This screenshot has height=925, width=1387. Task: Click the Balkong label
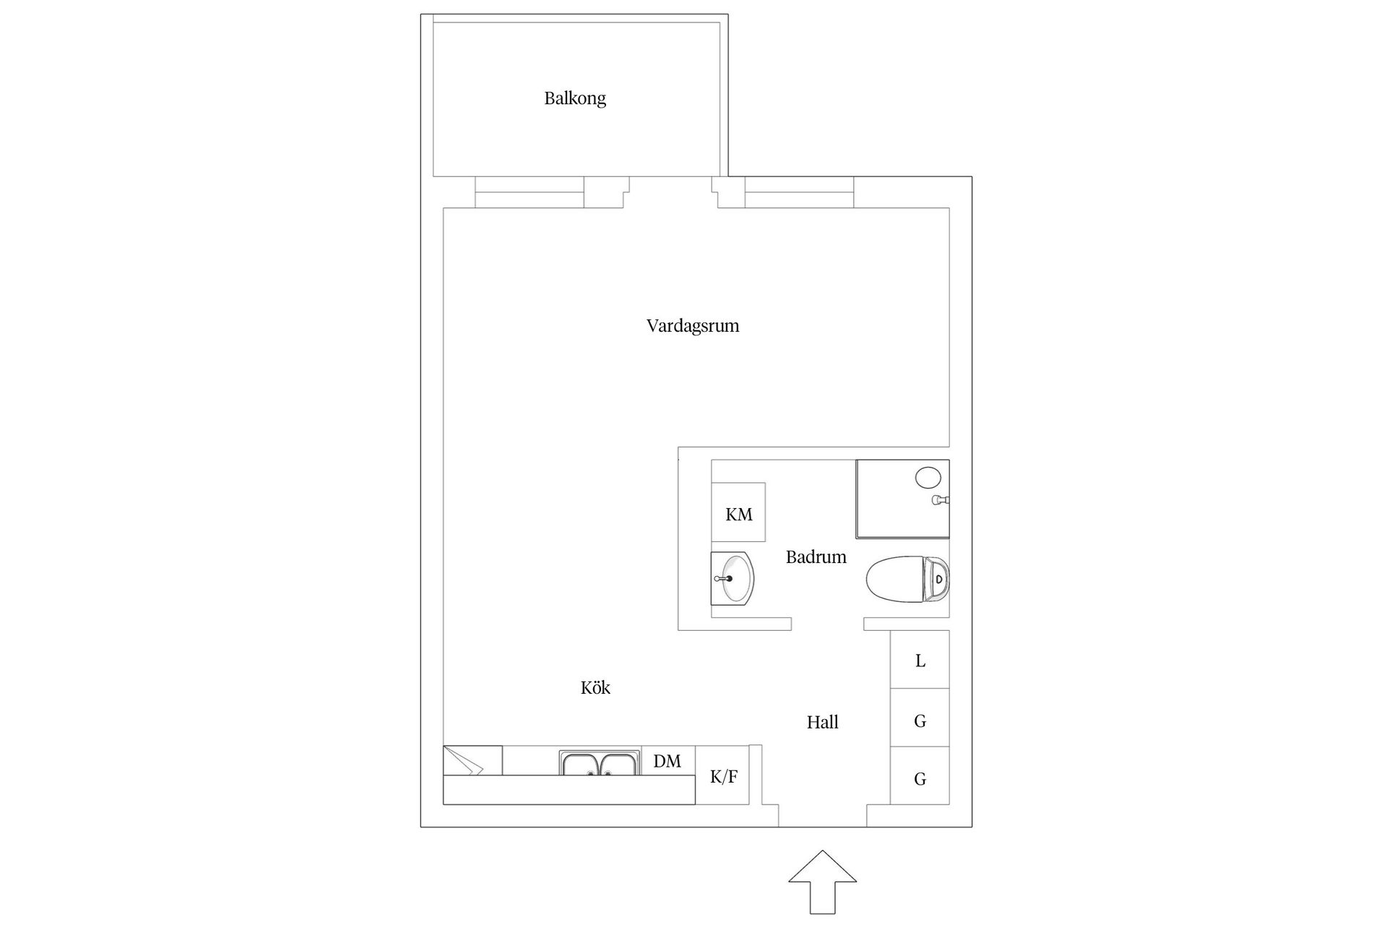(x=575, y=98)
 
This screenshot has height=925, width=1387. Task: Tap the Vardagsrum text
(x=693, y=326)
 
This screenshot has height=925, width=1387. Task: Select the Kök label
(x=595, y=687)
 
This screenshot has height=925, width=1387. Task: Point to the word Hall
(x=822, y=722)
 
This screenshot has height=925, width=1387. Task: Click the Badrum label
(x=816, y=557)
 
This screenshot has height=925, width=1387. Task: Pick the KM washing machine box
(x=738, y=512)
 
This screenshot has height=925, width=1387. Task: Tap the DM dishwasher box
(x=668, y=761)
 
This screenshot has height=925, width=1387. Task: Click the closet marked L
(x=920, y=659)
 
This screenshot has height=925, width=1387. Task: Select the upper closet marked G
(x=920, y=718)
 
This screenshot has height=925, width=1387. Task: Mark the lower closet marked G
(x=920, y=775)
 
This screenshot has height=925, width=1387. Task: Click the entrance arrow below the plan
(x=822, y=882)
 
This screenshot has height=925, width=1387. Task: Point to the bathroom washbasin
(x=733, y=578)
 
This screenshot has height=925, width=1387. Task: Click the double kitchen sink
(x=600, y=763)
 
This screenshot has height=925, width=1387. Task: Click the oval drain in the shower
(x=928, y=477)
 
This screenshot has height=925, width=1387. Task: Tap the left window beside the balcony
(x=530, y=192)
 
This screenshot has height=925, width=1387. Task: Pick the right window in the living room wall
(x=799, y=192)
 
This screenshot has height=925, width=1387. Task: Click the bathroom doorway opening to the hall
(x=828, y=624)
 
